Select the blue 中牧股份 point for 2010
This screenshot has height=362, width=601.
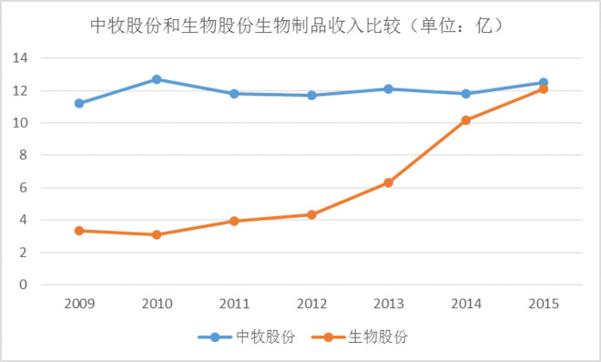coord(157,79)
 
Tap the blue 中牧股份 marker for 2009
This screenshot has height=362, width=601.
coord(79,103)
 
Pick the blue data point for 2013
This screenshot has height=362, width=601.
coord(389,88)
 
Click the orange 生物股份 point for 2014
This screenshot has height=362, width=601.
coord(466,119)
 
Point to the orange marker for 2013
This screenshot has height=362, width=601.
coord(389,182)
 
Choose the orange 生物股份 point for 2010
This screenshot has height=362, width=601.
coord(157,234)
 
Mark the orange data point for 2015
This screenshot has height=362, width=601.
coord(544,88)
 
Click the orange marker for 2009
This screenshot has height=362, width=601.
coord(79,231)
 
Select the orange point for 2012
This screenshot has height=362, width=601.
coord(311,214)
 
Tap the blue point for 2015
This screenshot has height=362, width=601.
coord(544,82)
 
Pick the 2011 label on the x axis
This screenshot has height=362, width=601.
coord(234,303)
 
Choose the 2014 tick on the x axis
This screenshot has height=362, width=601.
coord(466,303)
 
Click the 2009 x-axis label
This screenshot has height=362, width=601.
coord(79,303)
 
